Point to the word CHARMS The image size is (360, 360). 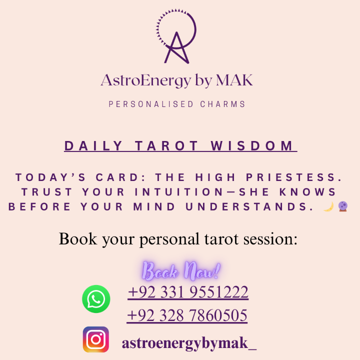(x=223, y=104)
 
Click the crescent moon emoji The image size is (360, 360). (x=328, y=206)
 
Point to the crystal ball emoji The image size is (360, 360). (x=342, y=206)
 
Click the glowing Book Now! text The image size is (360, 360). (x=181, y=271)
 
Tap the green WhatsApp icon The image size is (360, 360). (x=96, y=299)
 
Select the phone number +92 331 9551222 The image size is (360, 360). (x=188, y=292)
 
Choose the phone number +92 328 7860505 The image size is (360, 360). (x=187, y=315)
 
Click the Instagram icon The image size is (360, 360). (x=96, y=339)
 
